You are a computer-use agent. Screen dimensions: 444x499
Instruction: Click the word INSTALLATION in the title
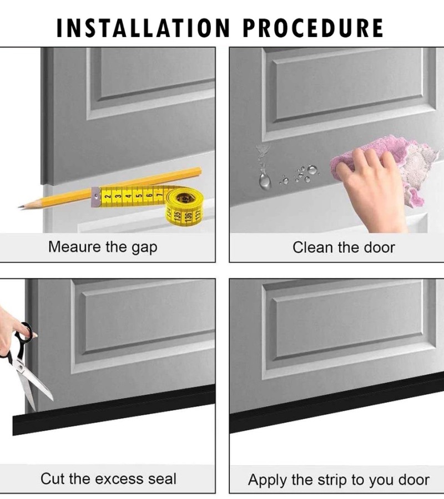pyautogui.click(x=143, y=28)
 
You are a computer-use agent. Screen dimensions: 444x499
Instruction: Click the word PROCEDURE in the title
pyautogui.click(x=313, y=28)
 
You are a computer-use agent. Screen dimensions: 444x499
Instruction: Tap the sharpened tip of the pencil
pyautogui.click(x=21, y=207)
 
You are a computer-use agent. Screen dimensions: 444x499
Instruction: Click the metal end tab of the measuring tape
pyautogui.click(x=95, y=197)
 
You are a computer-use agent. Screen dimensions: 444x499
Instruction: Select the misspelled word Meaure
pyautogui.click(x=74, y=247)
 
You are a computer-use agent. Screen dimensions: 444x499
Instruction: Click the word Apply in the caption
pyautogui.click(x=267, y=480)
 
